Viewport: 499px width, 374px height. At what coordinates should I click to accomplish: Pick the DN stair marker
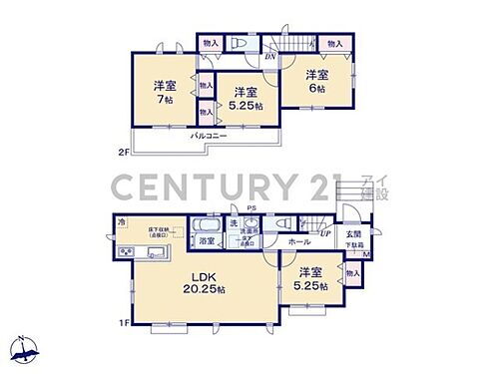pos(270,57)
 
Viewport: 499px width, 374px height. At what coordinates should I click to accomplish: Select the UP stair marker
pos(325,233)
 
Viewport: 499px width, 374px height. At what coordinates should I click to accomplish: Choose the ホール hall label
pos(298,241)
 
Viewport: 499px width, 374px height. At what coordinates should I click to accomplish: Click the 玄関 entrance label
pos(354,234)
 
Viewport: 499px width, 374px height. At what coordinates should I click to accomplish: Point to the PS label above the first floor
pos(253,208)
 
